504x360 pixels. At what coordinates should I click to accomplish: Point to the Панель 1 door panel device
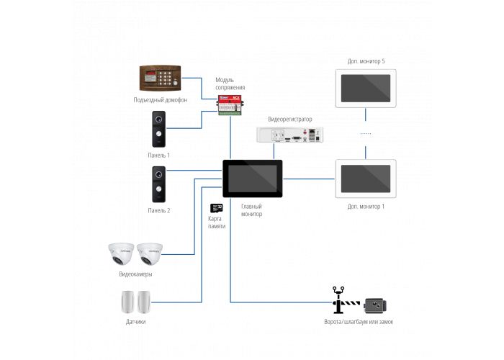pyautogui.click(x=158, y=130)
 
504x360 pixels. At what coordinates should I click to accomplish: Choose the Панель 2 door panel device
pyautogui.click(x=158, y=184)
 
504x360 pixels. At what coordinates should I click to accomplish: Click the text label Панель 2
pyautogui.click(x=158, y=210)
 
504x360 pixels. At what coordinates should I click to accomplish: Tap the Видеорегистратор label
pyautogui.click(x=290, y=118)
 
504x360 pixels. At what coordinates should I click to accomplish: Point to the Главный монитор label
pyautogui.click(x=252, y=210)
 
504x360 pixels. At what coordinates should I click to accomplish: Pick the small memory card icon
pyautogui.click(x=216, y=207)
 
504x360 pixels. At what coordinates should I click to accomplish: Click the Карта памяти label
pyautogui.click(x=216, y=222)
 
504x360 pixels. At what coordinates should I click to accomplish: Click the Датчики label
pyautogui.click(x=135, y=321)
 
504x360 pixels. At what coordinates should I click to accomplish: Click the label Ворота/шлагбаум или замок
pyautogui.click(x=359, y=322)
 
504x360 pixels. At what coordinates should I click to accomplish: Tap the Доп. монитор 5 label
pyautogui.click(x=366, y=61)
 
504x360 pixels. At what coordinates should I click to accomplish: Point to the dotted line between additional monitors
pyautogui.click(x=366, y=135)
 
